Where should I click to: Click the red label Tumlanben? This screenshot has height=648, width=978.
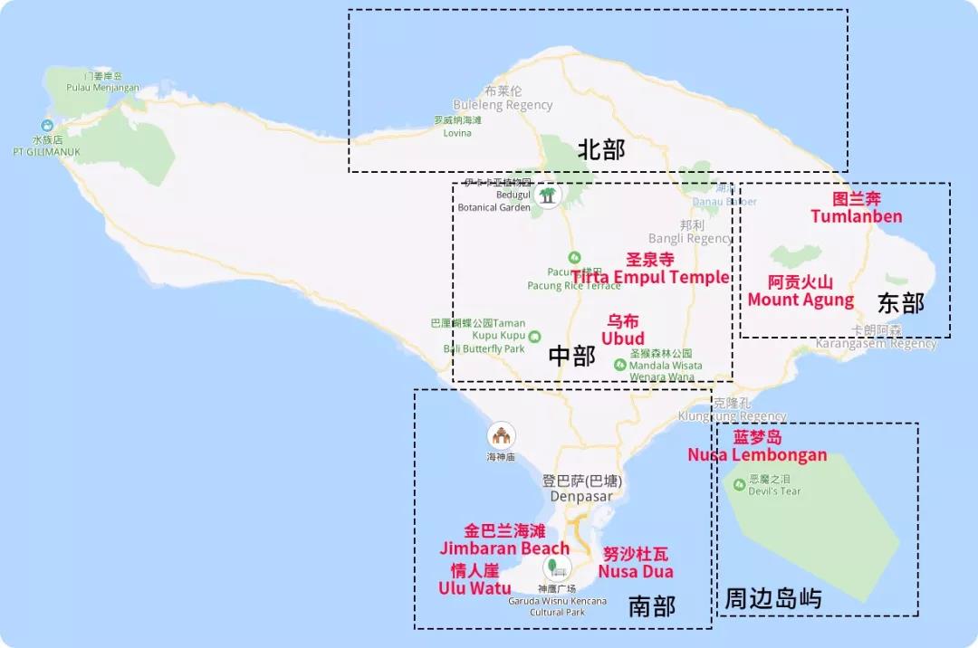(856, 216)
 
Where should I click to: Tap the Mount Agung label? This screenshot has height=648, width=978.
(801, 300)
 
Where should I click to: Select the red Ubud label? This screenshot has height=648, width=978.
(623, 338)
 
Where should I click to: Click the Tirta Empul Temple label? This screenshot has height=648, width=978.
(650, 277)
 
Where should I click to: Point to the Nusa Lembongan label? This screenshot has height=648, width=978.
(757, 454)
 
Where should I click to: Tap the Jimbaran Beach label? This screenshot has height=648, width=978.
(504, 548)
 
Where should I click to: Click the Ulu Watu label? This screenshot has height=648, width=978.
(475, 587)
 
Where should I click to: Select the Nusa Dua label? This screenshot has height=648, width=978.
(636, 571)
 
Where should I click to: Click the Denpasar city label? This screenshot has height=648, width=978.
(580, 496)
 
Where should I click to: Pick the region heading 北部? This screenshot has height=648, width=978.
(600, 150)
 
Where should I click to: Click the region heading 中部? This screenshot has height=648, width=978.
(572, 357)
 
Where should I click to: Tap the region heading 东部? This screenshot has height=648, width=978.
(901, 304)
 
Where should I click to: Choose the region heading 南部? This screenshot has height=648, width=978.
(652, 605)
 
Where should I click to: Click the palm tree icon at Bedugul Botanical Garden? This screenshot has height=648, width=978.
(547, 195)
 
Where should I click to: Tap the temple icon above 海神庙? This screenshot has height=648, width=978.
(500, 435)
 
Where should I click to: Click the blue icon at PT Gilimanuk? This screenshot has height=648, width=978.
(46, 126)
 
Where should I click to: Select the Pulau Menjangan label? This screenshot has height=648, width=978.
(102, 88)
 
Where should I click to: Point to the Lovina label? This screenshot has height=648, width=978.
(457, 133)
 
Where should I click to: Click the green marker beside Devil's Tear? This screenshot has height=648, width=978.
(739, 484)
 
